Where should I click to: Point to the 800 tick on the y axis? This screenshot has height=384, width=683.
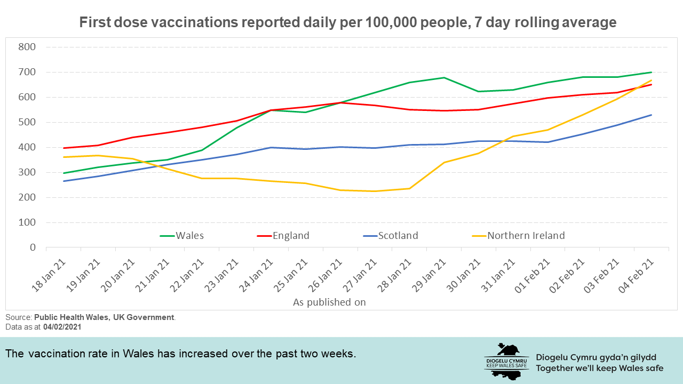26,47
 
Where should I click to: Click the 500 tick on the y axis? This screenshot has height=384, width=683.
26,122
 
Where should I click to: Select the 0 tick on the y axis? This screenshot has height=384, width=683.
32,247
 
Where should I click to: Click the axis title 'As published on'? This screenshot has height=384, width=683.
329,302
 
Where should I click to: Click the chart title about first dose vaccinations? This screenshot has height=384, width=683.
347,23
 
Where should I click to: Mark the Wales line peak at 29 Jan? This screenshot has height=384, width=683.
444,77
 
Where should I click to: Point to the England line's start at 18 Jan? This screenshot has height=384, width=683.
63,148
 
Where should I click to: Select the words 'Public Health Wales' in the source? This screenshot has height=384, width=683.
70,317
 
